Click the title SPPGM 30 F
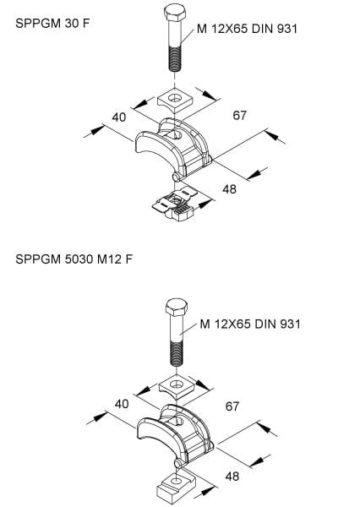tap(52, 24)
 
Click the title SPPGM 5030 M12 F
tap(74, 259)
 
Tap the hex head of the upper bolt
tap(175, 13)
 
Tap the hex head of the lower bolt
tap(177, 308)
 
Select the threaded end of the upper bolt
tap(175, 59)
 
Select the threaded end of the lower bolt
tap(177, 354)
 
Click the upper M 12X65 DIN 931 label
tap(247, 29)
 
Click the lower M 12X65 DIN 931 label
tap(250, 324)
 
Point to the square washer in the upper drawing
tap(175, 99)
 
